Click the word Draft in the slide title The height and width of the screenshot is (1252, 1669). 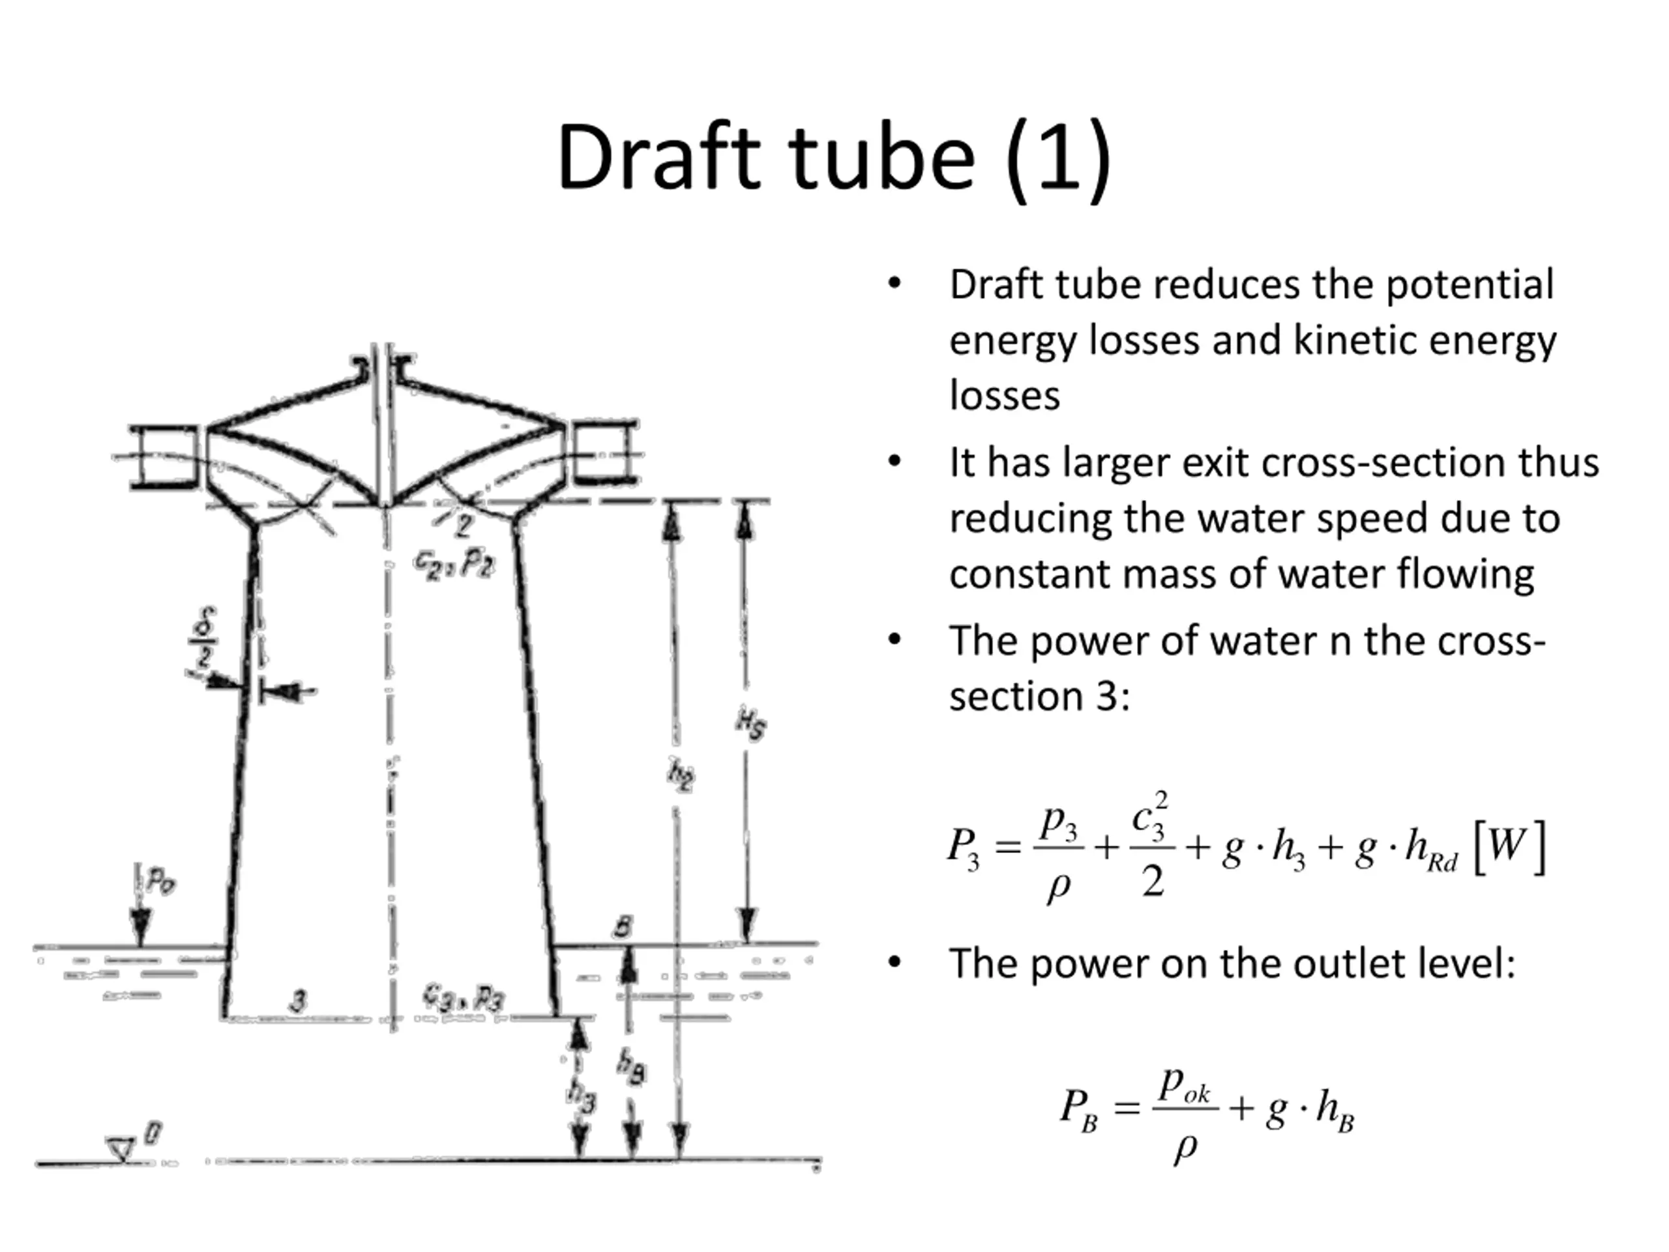click(x=657, y=159)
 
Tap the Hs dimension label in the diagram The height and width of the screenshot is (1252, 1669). click(x=751, y=725)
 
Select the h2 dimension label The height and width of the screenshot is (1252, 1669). click(x=681, y=775)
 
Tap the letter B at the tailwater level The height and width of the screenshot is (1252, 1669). click(x=622, y=927)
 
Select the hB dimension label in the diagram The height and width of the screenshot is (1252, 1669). click(x=631, y=1066)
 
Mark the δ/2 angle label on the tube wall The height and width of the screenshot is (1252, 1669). click(x=202, y=638)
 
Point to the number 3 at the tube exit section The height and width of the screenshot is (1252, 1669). click(x=299, y=1001)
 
